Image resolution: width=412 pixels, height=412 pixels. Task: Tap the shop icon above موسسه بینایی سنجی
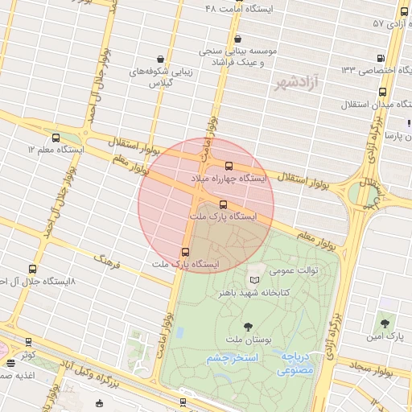[237, 39]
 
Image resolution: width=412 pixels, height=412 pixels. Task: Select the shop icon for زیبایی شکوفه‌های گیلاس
[161, 59]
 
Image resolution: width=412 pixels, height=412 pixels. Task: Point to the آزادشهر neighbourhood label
[295, 82]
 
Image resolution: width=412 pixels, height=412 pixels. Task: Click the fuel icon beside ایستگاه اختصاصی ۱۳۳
[380, 58]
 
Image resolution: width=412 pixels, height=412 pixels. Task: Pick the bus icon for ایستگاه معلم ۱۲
[56, 138]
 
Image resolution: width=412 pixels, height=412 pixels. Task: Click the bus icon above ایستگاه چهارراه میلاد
[229, 166]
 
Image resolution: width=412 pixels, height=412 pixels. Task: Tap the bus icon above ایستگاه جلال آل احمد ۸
[32, 269]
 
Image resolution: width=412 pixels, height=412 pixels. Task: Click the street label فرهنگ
[106, 260]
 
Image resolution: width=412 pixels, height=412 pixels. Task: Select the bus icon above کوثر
[29, 342]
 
